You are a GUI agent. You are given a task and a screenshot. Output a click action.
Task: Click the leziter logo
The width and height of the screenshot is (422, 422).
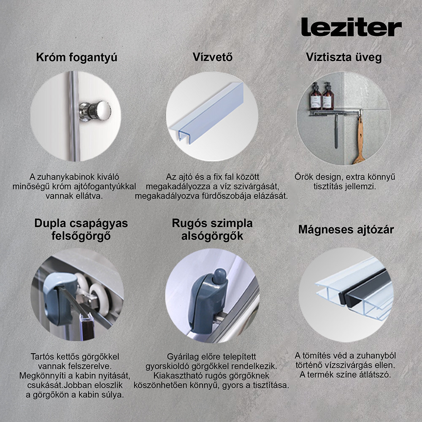pos(351,27)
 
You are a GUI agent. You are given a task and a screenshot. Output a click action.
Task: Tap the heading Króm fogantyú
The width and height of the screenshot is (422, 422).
pos(76,57)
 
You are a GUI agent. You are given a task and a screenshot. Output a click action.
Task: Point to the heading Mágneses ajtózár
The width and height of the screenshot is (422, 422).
pos(346,230)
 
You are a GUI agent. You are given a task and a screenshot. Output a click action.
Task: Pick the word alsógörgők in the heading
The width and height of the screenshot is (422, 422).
pos(212,236)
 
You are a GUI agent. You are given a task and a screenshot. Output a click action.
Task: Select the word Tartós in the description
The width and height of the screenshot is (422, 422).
pos(43,357)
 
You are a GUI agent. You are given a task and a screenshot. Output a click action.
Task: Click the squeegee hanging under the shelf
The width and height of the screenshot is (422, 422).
pos(336,131)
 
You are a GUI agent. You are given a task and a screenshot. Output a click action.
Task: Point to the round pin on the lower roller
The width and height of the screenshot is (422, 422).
pos(218,276)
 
